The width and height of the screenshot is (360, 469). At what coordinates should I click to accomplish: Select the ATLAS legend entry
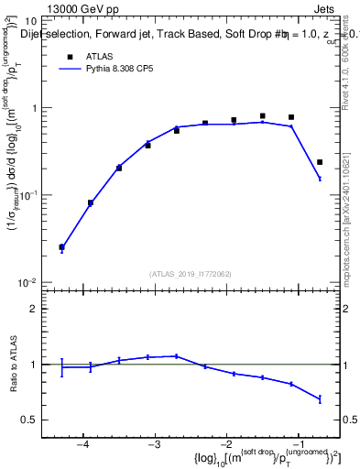[97, 56]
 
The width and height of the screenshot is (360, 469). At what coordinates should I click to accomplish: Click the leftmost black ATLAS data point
[61, 247]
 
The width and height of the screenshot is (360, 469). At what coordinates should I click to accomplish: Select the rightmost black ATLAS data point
[320, 162]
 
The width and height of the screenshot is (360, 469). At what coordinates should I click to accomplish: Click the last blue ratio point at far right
[320, 399]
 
